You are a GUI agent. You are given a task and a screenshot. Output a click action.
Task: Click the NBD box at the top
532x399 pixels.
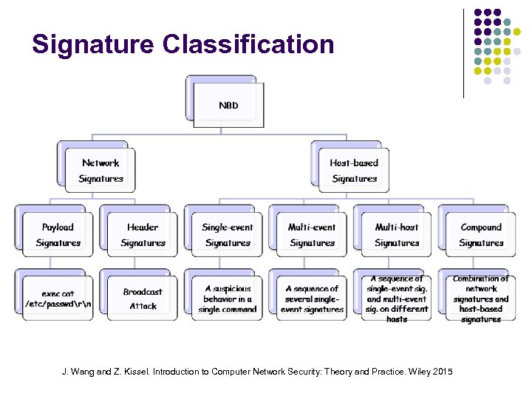pyautogui.click(x=228, y=105)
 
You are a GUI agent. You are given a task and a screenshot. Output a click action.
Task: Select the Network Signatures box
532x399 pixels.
pyautogui.click(x=100, y=171)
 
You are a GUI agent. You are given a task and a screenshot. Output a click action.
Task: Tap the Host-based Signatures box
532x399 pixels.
pyautogui.click(x=354, y=171)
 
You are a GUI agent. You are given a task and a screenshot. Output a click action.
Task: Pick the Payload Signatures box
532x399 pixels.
pyautogui.click(x=58, y=235)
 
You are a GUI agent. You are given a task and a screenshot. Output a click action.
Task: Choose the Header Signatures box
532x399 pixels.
pyautogui.click(x=143, y=235)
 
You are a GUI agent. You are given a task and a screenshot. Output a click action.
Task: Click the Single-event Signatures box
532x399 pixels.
pyautogui.click(x=228, y=235)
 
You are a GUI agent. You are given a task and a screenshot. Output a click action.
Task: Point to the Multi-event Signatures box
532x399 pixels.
pyautogui.click(x=312, y=235)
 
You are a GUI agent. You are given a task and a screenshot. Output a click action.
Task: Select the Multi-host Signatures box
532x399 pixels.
pyautogui.click(x=397, y=235)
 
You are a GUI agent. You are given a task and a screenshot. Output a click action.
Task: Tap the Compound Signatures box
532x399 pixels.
pyautogui.click(x=481, y=235)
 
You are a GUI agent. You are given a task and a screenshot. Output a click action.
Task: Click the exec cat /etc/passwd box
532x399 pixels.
pyautogui.click(x=58, y=299)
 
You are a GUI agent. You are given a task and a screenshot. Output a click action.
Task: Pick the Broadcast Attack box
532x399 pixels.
pyautogui.click(x=143, y=299)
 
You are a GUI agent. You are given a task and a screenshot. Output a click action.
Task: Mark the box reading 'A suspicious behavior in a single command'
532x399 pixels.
pyautogui.click(x=228, y=299)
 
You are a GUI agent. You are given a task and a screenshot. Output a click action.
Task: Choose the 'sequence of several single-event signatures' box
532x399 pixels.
pyautogui.click(x=312, y=299)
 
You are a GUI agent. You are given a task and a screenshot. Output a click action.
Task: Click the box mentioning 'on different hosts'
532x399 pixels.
pyautogui.click(x=397, y=299)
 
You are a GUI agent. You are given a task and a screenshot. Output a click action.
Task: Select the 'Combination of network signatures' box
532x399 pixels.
pyautogui.click(x=481, y=299)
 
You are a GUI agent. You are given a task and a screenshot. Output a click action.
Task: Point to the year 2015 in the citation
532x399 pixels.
pyautogui.click(x=442, y=372)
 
